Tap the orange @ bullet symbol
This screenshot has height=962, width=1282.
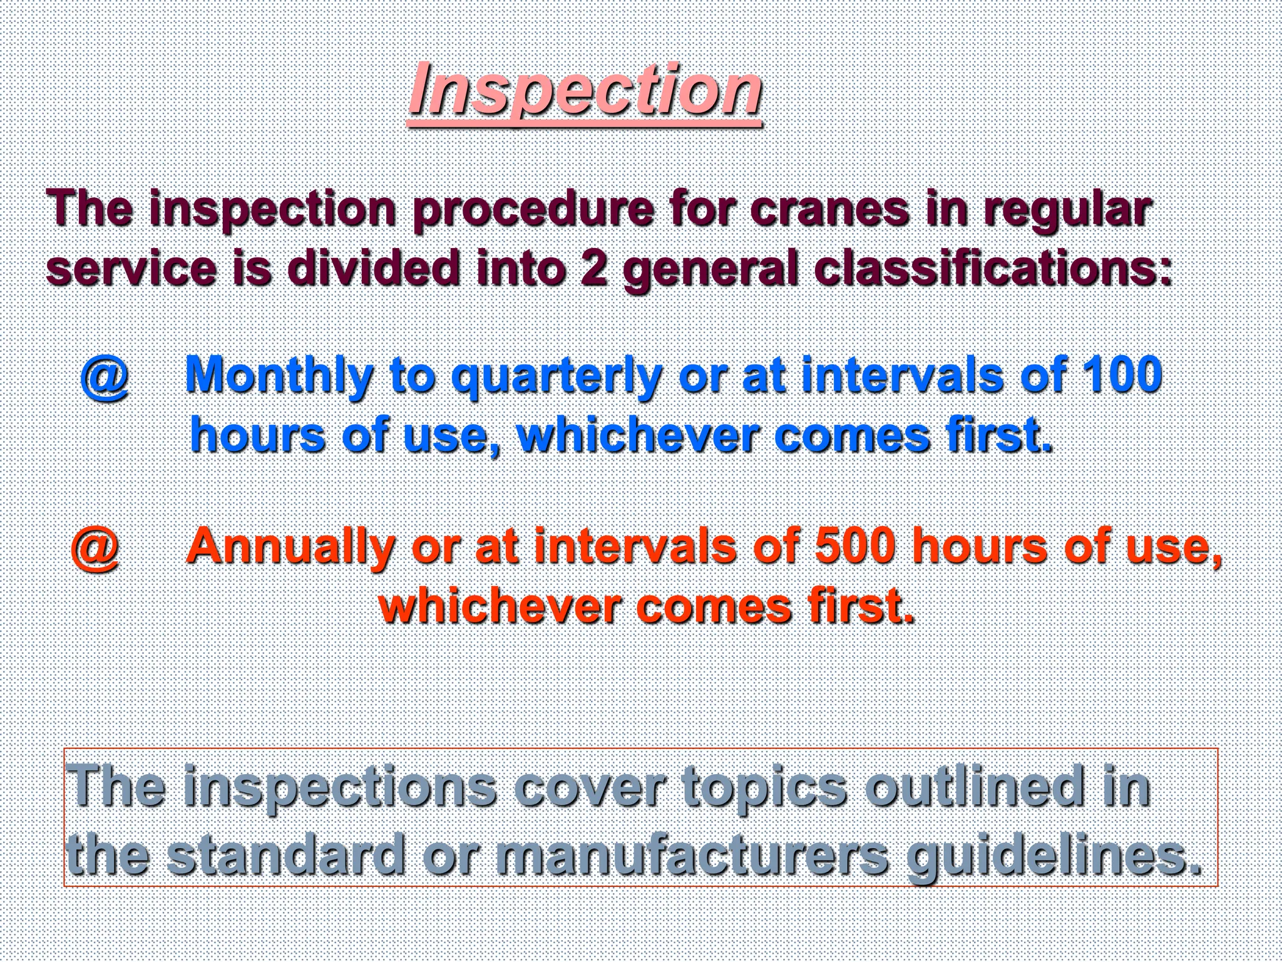[95, 548]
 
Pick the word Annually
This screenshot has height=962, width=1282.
[289, 546]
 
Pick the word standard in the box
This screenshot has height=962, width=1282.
[285, 855]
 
